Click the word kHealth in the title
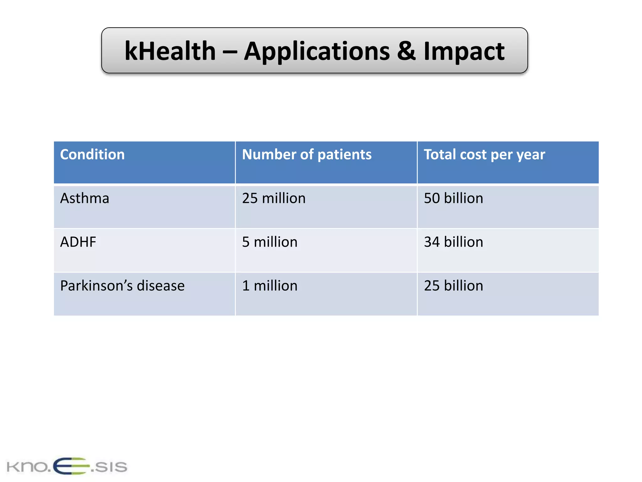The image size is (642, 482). tap(170, 51)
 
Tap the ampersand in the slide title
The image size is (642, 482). tap(406, 51)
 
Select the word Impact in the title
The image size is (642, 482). tap(464, 51)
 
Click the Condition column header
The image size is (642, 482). tap(92, 154)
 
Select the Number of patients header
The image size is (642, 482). tap(307, 154)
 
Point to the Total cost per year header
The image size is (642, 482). tap(484, 155)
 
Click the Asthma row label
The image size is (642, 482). tap(85, 198)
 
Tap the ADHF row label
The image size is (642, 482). tap(78, 242)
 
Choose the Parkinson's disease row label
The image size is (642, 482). tap(122, 286)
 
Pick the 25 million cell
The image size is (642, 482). tap(274, 198)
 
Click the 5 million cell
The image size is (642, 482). tap(270, 242)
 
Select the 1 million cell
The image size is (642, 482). tap(270, 286)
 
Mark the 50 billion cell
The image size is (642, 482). tap(453, 198)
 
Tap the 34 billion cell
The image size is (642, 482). tap(453, 242)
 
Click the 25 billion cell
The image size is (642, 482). tap(453, 286)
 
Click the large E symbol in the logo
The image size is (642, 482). tap(71, 466)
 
